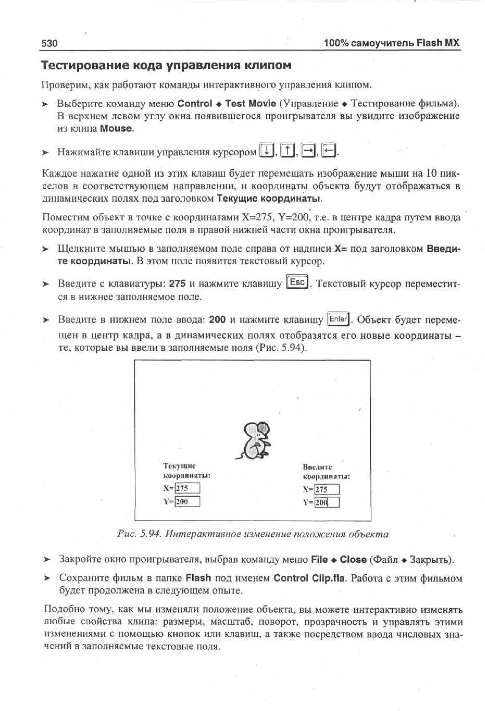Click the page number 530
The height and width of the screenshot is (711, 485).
49,43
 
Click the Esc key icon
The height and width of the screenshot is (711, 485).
297,282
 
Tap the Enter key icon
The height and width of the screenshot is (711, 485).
338,319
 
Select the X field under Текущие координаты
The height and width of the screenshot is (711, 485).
187,488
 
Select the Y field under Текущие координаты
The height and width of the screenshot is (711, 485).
187,501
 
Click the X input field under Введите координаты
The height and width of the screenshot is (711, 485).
327,489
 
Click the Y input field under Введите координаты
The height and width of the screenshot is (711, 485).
327,502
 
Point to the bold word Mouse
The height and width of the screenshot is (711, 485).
116,128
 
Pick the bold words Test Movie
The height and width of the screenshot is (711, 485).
251,104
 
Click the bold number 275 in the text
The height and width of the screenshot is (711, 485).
177,284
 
